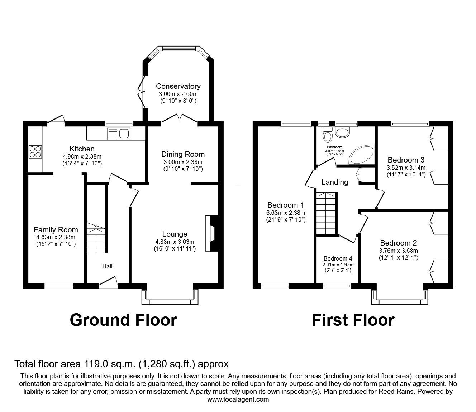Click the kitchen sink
tap(119, 134)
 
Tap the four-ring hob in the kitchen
tap(35, 152)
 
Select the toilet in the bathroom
tap(328, 135)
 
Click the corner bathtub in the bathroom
tap(362, 154)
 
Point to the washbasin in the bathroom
tap(343, 132)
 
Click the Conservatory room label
tap(178, 86)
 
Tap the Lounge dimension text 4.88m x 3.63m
tap(175, 242)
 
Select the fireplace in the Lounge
tap(211, 233)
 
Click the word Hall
tap(107, 266)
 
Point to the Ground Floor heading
tap(123, 320)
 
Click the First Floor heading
tap(353, 320)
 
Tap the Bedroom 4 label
tap(338, 258)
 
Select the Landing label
tap(335, 182)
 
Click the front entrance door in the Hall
tap(109, 283)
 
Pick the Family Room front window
tap(59, 286)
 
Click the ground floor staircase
tap(96, 238)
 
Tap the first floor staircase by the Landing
tap(325, 213)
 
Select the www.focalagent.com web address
tap(238, 399)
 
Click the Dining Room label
tap(183, 154)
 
